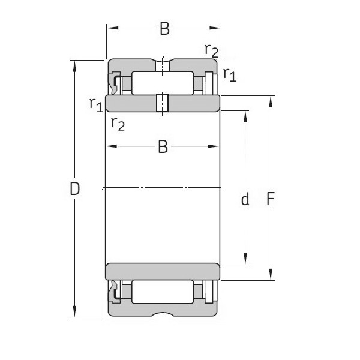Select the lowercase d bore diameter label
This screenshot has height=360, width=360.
pyautogui.click(x=245, y=199)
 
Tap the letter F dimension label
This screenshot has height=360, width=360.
pyautogui.click(x=271, y=199)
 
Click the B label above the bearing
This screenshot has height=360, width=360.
pyautogui.click(x=164, y=28)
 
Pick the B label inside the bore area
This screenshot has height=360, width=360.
pyautogui.click(x=163, y=146)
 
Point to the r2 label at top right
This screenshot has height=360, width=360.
pyautogui.click(x=211, y=50)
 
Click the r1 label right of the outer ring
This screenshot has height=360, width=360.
pyautogui.click(x=229, y=74)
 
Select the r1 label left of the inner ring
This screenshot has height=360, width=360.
pyautogui.click(x=95, y=104)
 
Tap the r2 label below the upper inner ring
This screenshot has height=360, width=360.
pyautogui.click(x=118, y=124)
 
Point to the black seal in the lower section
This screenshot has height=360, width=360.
pyautogui.click(x=113, y=293)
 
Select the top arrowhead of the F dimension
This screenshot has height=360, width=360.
pyautogui.click(x=271, y=100)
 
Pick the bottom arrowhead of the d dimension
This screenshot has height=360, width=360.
pyautogui.click(x=245, y=259)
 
